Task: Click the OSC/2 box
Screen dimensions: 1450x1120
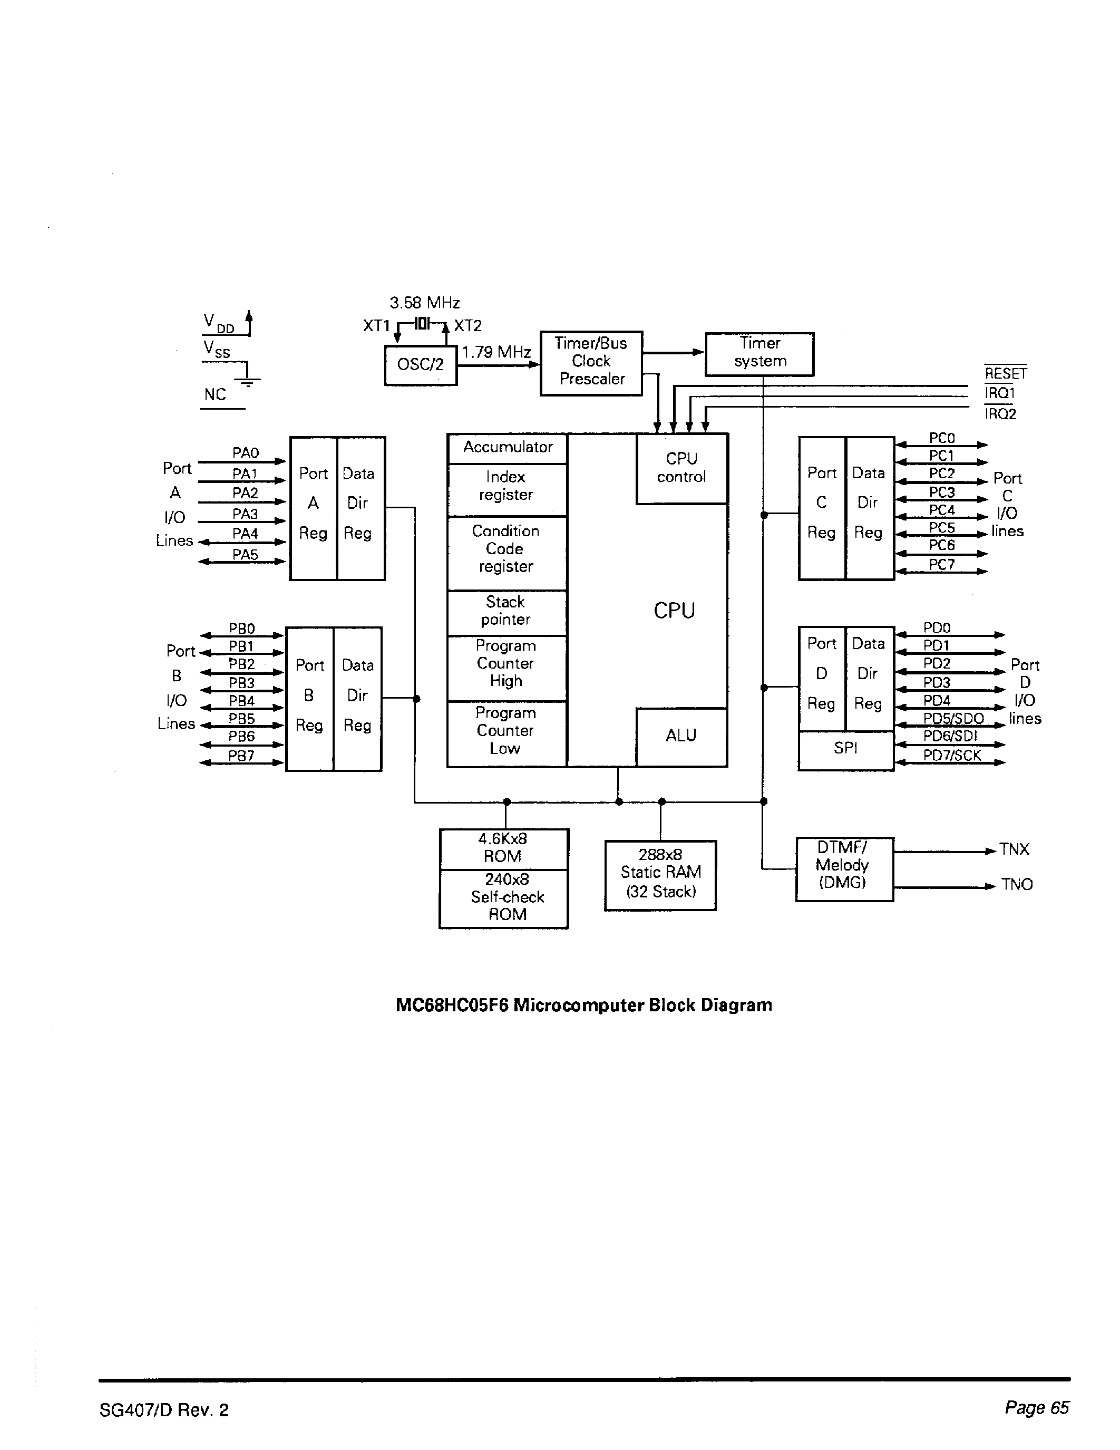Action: (x=421, y=364)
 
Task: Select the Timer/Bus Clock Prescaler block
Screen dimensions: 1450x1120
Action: (x=591, y=362)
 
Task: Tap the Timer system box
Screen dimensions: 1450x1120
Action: (x=759, y=353)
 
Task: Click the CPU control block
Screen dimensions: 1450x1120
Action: (x=681, y=468)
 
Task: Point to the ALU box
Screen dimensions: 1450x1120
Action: (x=681, y=736)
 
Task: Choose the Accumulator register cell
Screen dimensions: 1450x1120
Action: (x=508, y=448)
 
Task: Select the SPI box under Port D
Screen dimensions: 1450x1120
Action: (x=845, y=749)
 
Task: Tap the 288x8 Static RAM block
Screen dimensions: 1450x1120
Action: (x=660, y=874)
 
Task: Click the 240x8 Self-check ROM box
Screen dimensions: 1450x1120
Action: (x=507, y=897)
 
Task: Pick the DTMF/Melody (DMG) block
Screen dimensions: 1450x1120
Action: (x=843, y=866)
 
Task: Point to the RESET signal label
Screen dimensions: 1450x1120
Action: (x=1005, y=374)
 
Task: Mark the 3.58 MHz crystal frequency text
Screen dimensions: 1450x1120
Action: (x=425, y=303)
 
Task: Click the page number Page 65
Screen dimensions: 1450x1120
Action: (x=1036, y=1407)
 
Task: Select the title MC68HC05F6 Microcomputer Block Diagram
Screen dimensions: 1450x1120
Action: (x=584, y=1005)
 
